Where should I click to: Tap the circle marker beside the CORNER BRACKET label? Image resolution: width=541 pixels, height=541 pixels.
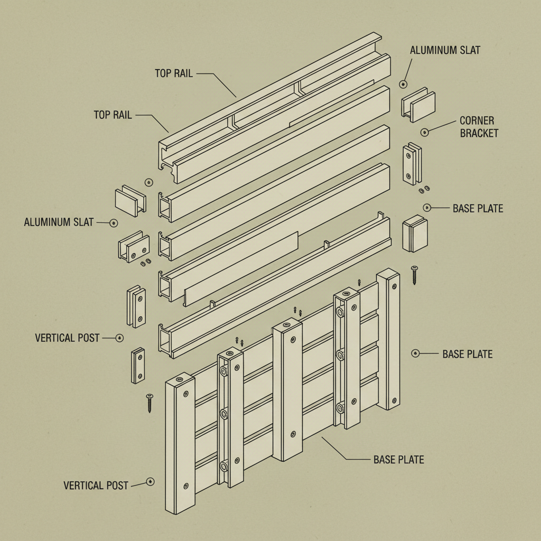(x=424, y=132)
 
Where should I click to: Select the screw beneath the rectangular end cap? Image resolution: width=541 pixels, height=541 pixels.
(x=415, y=275)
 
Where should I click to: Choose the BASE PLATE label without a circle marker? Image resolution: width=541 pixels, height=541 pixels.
(x=398, y=460)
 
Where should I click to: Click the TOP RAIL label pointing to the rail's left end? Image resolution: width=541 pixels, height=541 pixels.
(x=113, y=115)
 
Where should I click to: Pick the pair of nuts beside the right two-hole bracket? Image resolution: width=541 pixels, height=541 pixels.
(x=424, y=189)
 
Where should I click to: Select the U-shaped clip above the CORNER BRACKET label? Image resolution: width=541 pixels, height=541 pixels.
(x=418, y=106)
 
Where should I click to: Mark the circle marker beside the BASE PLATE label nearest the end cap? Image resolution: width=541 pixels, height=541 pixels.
(x=427, y=208)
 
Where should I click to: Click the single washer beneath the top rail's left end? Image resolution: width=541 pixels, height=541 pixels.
(x=148, y=182)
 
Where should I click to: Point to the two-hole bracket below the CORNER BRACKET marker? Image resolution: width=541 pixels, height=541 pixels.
(x=412, y=164)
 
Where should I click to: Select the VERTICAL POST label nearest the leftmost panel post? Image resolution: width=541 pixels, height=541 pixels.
(x=96, y=485)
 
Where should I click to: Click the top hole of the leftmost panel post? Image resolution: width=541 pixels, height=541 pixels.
(x=179, y=379)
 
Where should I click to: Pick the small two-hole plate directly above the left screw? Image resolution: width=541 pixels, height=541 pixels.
(x=138, y=365)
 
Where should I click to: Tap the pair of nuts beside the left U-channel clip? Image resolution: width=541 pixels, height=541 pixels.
(x=145, y=262)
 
